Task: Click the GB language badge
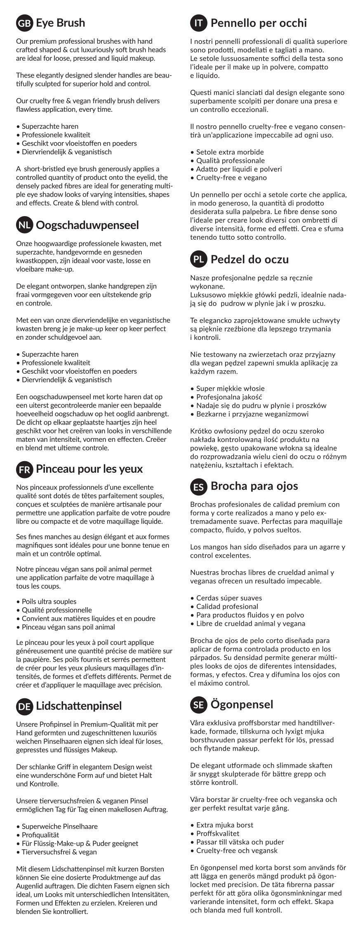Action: pyautogui.click(x=24, y=23)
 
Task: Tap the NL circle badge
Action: pyautogui.click(x=24, y=225)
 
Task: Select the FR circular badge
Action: pyautogui.click(x=24, y=469)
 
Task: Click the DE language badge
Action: pyautogui.click(x=24, y=706)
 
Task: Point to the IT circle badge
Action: pyautogui.click(x=199, y=23)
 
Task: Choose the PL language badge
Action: pyautogui.click(x=199, y=259)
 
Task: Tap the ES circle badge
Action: pyautogui.click(x=199, y=486)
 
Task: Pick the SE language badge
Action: pyautogui.click(x=199, y=705)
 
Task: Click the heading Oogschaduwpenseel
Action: pyautogui.click(x=87, y=225)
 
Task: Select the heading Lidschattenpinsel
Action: pyautogui.click(x=79, y=706)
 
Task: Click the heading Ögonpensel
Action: pyautogui.click(x=242, y=704)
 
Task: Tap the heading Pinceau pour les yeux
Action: pyautogui.click(x=89, y=469)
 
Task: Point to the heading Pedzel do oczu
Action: pyautogui.click(x=249, y=259)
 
